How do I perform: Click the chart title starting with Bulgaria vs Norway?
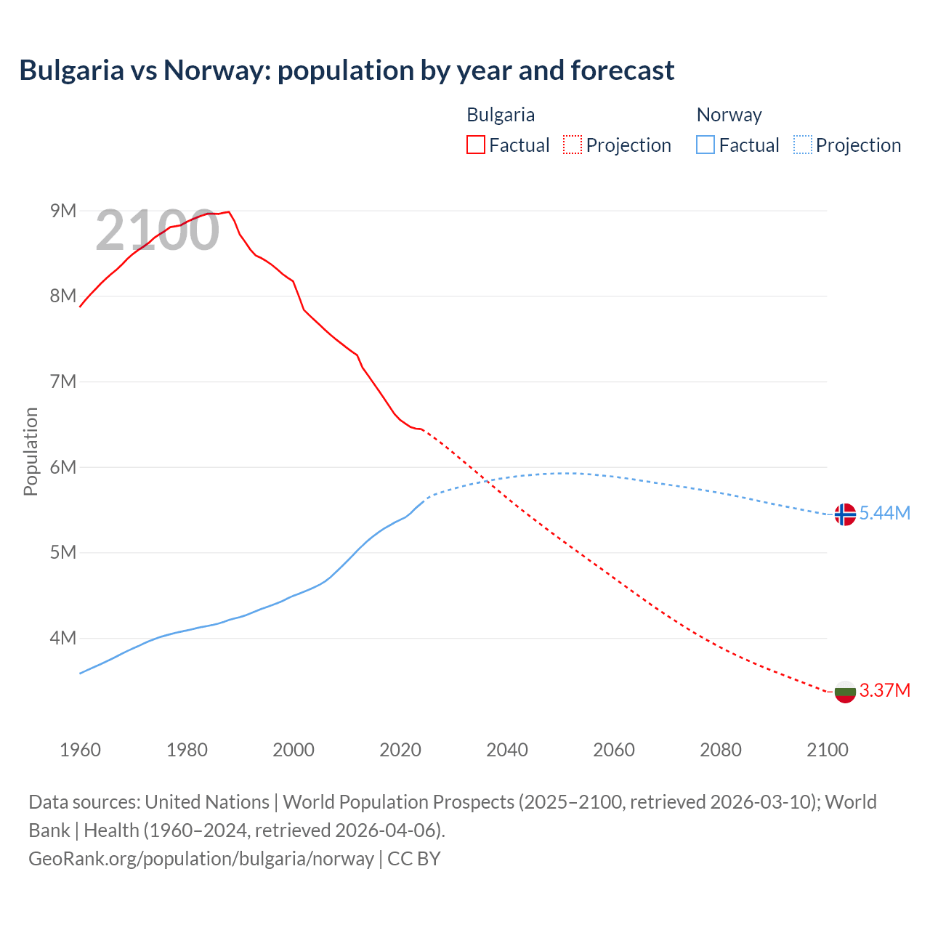click(x=347, y=70)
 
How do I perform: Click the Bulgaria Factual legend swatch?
click(x=475, y=145)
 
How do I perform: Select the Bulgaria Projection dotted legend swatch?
click(x=573, y=145)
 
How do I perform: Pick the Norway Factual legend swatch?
click(x=705, y=145)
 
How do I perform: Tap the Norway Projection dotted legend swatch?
click(x=802, y=145)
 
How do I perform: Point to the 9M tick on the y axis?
click(x=63, y=211)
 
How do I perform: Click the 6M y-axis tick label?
click(x=63, y=467)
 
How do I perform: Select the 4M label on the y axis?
click(x=63, y=638)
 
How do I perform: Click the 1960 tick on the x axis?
click(x=80, y=750)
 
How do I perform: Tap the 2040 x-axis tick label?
click(x=507, y=750)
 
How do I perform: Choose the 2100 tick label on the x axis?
click(x=827, y=750)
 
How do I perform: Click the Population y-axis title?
click(x=31, y=451)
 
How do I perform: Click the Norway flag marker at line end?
click(x=844, y=514)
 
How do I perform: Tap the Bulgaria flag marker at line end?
click(x=844, y=692)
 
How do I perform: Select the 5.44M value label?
click(x=885, y=513)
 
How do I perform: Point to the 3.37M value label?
click(x=885, y=690)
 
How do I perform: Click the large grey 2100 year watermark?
click(x=157, y=230)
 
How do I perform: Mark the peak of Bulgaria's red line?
click(x=229, y=211)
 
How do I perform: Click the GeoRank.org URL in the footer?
click(x=201, y=858)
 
